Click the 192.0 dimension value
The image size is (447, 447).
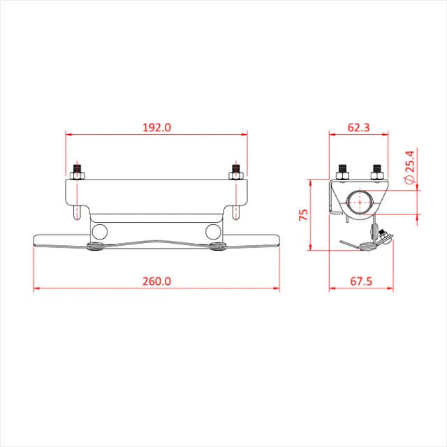click(156, 127)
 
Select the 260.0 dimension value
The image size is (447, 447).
click(156, 281)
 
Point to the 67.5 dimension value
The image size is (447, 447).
click(360, 281)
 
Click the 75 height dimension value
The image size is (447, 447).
click(303, 214)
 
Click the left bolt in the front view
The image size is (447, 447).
click(78, 171)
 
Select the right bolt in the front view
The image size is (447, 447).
click(235, 171)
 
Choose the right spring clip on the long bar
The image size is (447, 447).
click(217, 246)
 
